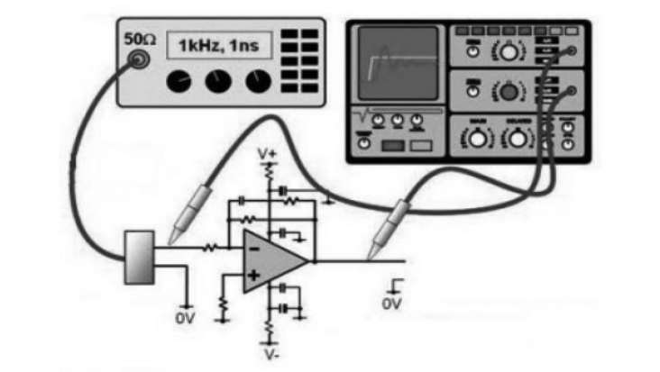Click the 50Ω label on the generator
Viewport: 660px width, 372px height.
(x=140, y=41)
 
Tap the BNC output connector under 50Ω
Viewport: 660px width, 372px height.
(x=140, y=61)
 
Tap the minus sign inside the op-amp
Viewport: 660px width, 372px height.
(x=255, y=247)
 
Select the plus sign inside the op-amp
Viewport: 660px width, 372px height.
(x=255, y=275)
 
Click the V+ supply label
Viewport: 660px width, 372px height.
(x=267, y=155)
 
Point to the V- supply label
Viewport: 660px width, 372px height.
(x=270, y=354)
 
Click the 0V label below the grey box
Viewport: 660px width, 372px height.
(x=184, y=318)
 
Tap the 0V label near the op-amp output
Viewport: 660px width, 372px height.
(x=391, y=304)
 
